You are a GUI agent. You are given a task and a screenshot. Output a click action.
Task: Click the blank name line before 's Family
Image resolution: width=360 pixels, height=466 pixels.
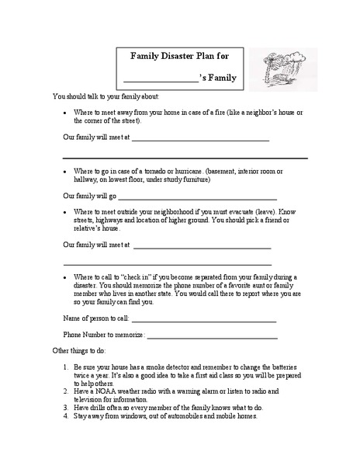[161, 80]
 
